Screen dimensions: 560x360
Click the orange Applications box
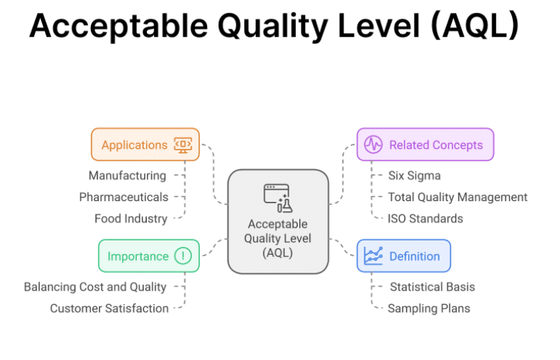[145, 145]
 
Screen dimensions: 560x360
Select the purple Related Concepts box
[425, 145]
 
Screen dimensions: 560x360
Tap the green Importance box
[149, 256]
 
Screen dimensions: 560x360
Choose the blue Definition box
[404, 256]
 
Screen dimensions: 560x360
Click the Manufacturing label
[127, 175]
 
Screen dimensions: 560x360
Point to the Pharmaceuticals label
[124, 197]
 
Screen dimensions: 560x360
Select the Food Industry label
[131, 218]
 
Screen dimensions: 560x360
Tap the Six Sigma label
[415, 175]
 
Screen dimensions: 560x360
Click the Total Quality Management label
[458, 197]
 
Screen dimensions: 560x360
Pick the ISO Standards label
[425, 218]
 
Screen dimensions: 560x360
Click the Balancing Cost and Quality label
[95, 287]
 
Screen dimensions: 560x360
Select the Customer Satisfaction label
[110, 308]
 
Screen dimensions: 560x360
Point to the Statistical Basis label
[433, 287]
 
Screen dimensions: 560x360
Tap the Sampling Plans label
[429, 308]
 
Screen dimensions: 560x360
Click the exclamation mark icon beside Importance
[183, 256]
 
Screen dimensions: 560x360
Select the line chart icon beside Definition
[373, 256]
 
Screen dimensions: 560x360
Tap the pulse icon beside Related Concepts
[373, 145]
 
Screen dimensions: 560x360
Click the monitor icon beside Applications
[183, 145]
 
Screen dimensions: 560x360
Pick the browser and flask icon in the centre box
[279, 198]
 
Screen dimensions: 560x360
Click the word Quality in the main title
[273, 26]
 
